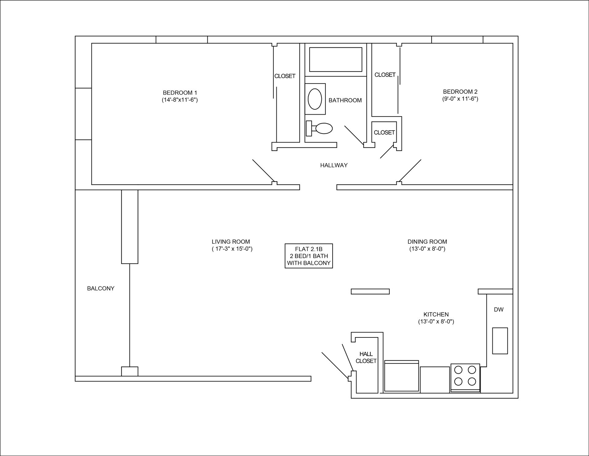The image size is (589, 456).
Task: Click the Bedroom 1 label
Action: [x=180, y=92]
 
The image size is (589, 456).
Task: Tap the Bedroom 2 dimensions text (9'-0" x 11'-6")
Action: [x=460, y=99]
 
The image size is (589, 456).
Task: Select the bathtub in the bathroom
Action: [x=336, y=60]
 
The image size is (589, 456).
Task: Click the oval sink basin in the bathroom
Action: [x=315, y=99]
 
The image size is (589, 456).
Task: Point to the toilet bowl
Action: [x=324, y=128]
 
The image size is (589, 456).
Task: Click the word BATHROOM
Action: [x=345, y=100]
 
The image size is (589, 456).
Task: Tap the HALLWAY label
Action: [x=334, y=165]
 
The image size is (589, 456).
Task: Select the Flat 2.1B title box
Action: [x=309, y=256]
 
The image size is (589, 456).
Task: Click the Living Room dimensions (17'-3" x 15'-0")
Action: [x=232, y=249]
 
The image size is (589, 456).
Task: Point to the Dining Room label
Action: [x=427, y=242]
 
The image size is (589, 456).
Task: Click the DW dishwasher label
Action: [x=499, y=310]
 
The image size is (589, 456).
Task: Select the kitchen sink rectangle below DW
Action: [x=500, y=341]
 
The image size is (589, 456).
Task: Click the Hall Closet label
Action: [x=366, y=358]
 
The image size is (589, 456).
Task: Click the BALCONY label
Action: [x=101, y=289]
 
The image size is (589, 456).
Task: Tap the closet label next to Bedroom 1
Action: [x=285, y=76]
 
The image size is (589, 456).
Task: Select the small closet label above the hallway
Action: [x=384, y=132]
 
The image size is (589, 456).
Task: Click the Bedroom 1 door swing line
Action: [x=263, y=171]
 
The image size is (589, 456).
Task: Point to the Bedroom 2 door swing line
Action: [x=410, y=171]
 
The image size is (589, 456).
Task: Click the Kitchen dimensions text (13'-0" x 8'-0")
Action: [x=436, y=322]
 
